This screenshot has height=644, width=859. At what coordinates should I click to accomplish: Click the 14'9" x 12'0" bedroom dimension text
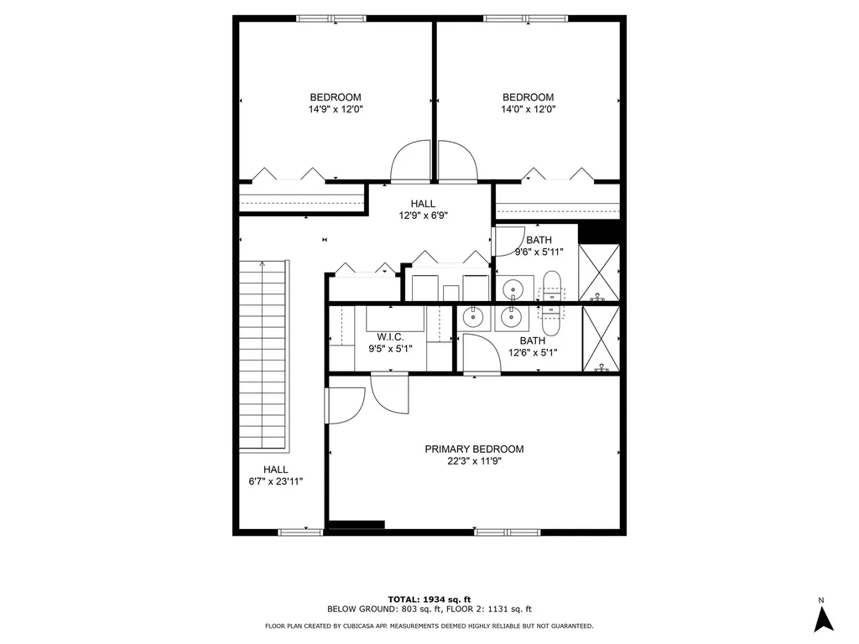[336, 109]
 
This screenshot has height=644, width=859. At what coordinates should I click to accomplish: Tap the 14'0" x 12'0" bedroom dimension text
[528, 109]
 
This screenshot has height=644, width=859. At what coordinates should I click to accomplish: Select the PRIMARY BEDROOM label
[474, 449]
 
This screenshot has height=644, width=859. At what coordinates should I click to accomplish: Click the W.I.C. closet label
[391, 337]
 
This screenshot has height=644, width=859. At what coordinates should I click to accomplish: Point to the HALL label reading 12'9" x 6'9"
[423, 204]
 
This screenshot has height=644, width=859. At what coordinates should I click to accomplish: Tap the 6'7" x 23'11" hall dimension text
[275, 482]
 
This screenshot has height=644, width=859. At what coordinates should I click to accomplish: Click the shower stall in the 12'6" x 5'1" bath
[602, 339]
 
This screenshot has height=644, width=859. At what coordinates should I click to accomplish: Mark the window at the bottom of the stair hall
[300, 532]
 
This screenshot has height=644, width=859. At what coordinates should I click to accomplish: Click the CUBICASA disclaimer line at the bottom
[429, 626]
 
